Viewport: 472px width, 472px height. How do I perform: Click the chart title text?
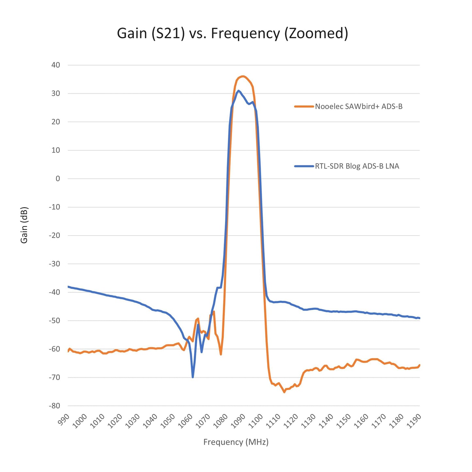[x=232, y=33]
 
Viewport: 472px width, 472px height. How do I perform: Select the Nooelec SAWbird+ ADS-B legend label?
[x=359, y=106]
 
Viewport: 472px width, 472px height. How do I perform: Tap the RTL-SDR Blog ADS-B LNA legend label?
[x=357, y=166]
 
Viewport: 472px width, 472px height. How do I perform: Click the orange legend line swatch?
[x=304, y=106]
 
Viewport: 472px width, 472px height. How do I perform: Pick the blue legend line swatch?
[x=304, y=166]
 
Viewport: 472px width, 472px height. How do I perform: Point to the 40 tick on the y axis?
[x=56, y=65]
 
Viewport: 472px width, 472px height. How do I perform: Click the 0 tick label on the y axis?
[x=58, y=179]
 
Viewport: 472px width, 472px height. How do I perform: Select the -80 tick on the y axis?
[x=55, y=406]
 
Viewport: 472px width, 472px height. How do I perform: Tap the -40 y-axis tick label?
[x=55, y=292]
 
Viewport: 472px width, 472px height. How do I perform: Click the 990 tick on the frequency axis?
[x=64, y=418]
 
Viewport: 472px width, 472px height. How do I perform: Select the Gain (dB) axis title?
[x=24, y=225]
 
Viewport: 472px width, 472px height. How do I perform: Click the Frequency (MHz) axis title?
[x=236, y=442]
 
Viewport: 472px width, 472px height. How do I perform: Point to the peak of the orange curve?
[x=243, y=76]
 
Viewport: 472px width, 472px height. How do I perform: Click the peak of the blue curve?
[x=239, y=91]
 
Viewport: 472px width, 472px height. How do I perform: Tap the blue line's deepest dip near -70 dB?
[x=193, y=377]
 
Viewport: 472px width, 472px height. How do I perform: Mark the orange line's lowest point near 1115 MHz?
[x=284, y=392]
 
